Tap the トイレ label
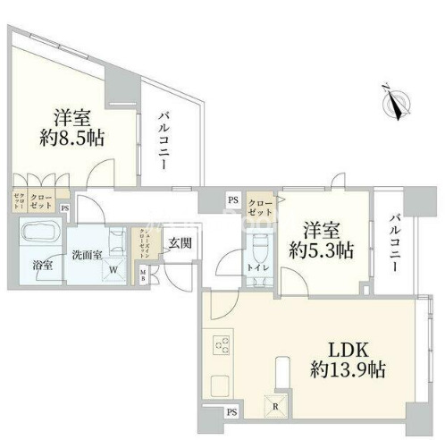tap(257, 267)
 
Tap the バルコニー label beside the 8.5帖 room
tap(166, 139)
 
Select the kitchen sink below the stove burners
tap(220, 386)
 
